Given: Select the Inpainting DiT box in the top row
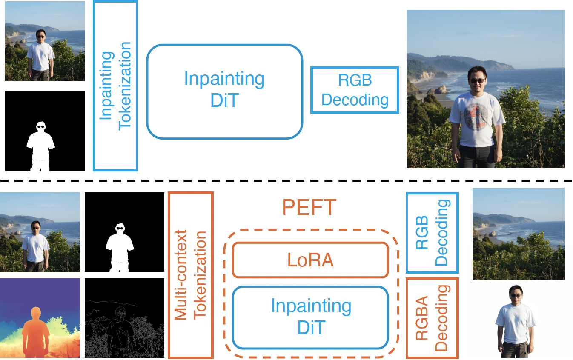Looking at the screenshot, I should click(224, 91).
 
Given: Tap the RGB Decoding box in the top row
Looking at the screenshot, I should click(355, 90).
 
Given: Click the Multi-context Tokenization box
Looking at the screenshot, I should click(190, 275).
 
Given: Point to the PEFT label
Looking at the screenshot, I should click(309, 208).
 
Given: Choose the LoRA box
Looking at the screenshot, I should click(310, 260).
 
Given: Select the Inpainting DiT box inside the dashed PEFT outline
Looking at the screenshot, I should click(311, 317).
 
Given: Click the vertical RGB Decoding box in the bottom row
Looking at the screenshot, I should click(432, 233).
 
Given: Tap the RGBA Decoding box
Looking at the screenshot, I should click(432, 317).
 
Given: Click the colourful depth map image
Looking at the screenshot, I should click(40, 318).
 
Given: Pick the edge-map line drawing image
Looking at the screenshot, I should click(124, 318).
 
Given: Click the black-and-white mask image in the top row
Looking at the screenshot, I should click(45, 131).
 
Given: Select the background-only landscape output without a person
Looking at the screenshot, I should click(518, 234).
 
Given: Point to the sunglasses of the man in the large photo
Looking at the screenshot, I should click(476, 80).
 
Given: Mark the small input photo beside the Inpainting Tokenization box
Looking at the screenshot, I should click(45, 41).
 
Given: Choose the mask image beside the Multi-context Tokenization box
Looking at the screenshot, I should click(124, 232).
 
